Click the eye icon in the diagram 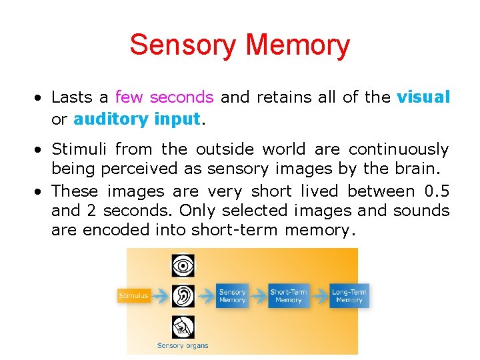(182, 266)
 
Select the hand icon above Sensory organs (182, 326)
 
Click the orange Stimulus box (134, 295)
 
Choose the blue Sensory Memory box (232, 295)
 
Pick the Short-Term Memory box (288, 295)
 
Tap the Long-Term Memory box (349, 295)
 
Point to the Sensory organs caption (183, 345)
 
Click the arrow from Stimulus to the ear (159, 295)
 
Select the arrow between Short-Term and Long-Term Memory (319, 295)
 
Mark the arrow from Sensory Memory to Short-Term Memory (259, 295)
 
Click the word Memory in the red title (297, 45)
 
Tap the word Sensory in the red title (183, 45)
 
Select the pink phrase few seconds (164, 97)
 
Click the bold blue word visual (423, 97)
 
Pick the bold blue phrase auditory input (137, 119)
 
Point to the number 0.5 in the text (437, 191)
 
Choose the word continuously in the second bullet (399, 149)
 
